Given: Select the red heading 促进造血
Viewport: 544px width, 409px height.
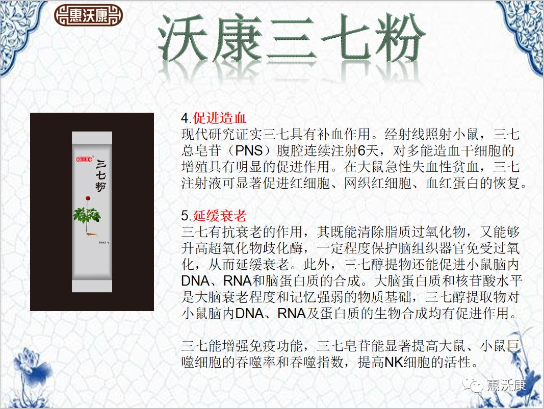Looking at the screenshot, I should tap(220, 118).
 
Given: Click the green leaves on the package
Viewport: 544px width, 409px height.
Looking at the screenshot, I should tap(87, 217).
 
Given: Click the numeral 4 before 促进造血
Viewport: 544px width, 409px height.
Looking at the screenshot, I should tap(185, 118).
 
